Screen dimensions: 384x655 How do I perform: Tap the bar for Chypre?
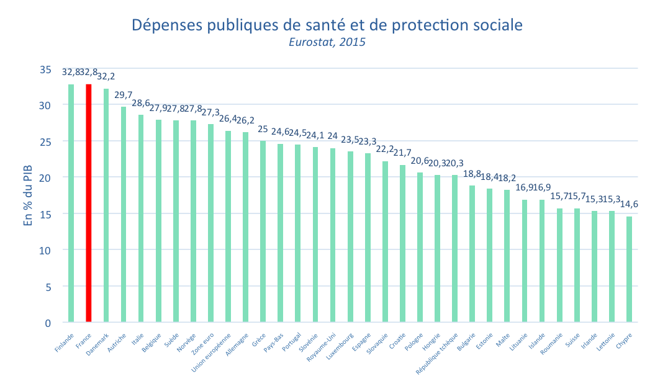(x=630, y=269)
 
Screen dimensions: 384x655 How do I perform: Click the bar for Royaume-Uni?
(x=333, y=235)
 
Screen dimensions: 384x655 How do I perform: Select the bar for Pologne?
(x=420, y=248)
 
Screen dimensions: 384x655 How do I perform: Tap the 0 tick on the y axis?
(x=48, y=323)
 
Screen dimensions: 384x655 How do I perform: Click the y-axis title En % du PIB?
(x=28, y=196)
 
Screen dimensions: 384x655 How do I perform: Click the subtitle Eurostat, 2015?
(x=327, y=43)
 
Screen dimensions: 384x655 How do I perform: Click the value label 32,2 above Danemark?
(x=106, y=76)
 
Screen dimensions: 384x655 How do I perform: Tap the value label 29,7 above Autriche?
(x=124, y=95)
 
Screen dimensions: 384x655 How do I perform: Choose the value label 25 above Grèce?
(x=263, y=128)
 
